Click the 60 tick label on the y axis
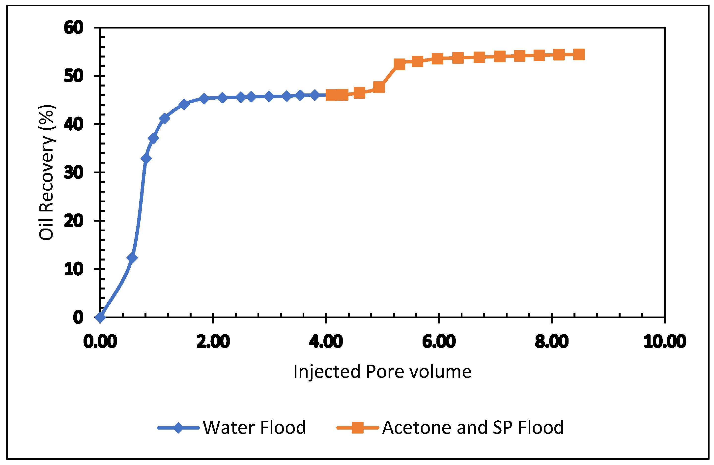point(74,28)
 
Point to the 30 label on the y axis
point(74,173)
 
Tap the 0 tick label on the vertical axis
point(78,318)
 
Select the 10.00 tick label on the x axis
point(665,342)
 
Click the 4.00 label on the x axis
point(326,342)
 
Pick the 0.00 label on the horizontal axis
point(100,342)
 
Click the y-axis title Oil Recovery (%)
point(47,173)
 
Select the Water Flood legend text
point(254,428)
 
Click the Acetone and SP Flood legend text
point(473,428)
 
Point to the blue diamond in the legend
point(178,428)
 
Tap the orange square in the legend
point(357,428)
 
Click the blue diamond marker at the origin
point(100,317)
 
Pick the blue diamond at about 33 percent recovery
point(146,158)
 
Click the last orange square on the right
point(579,55)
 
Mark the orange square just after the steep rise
point(399,64)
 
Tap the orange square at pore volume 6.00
point(437,59)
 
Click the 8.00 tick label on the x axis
point(551,342)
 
